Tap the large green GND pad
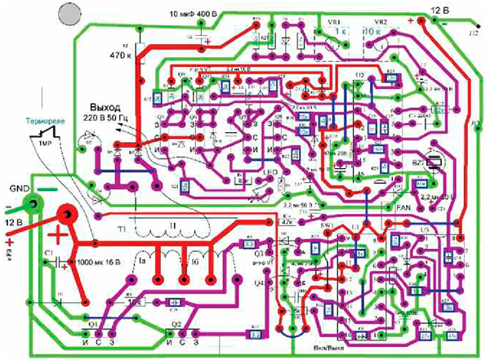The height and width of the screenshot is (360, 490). [x=31, y=203]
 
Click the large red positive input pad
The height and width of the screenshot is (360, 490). [x=67, y=215]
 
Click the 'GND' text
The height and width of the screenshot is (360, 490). [x=20, y=187]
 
